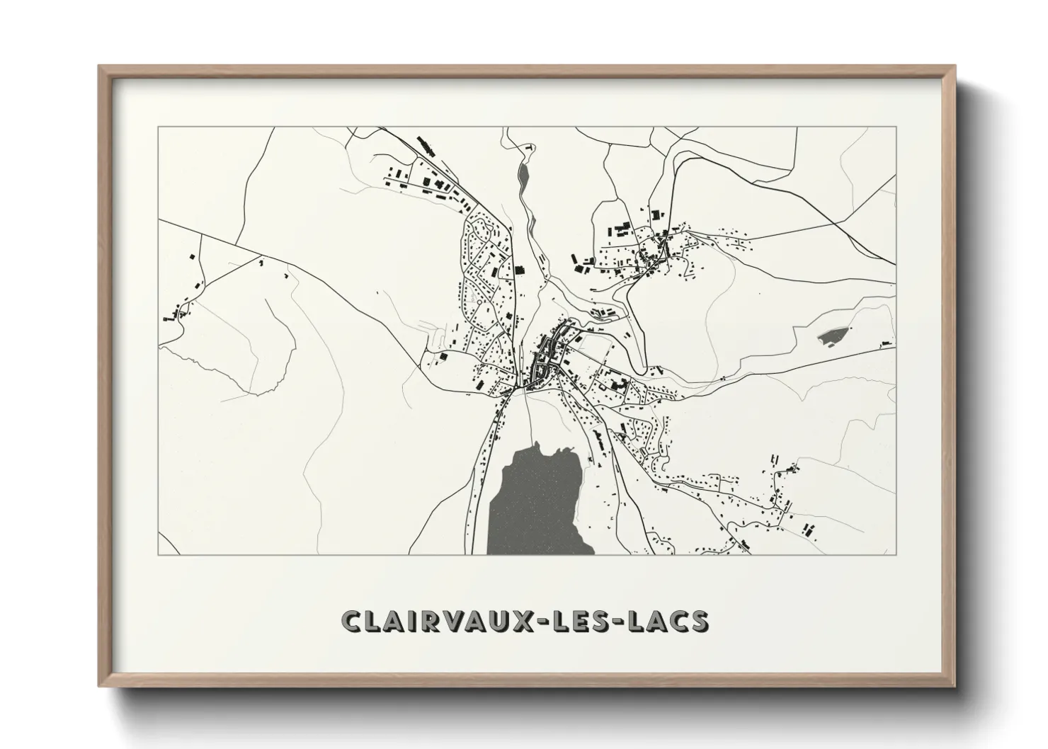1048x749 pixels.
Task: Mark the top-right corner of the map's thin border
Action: pos(896,127)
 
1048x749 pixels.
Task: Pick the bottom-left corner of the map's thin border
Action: pos(158,554)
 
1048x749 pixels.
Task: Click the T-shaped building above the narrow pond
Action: pos(528,149)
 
